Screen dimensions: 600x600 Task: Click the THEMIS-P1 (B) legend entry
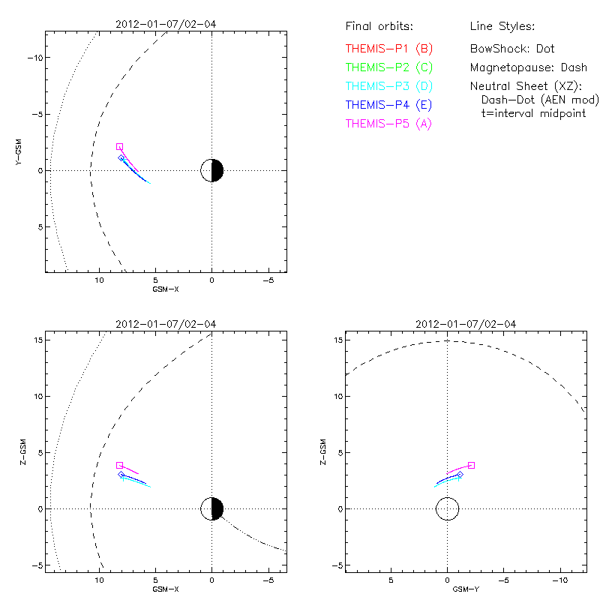389,49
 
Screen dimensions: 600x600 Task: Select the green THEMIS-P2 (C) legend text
389,67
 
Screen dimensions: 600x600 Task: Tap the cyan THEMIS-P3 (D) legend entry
389,86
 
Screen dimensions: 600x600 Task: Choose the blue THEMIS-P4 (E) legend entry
389,105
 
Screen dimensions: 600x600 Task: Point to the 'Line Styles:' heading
502,27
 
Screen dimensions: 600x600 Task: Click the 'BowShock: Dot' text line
512,49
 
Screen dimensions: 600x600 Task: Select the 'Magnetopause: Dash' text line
528,67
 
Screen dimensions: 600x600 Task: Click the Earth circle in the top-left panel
212,170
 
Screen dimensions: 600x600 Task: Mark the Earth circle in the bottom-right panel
447,508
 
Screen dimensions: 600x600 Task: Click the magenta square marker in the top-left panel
119,146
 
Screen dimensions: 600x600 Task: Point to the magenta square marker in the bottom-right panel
471,465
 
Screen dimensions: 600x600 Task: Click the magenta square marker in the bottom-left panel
119,465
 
